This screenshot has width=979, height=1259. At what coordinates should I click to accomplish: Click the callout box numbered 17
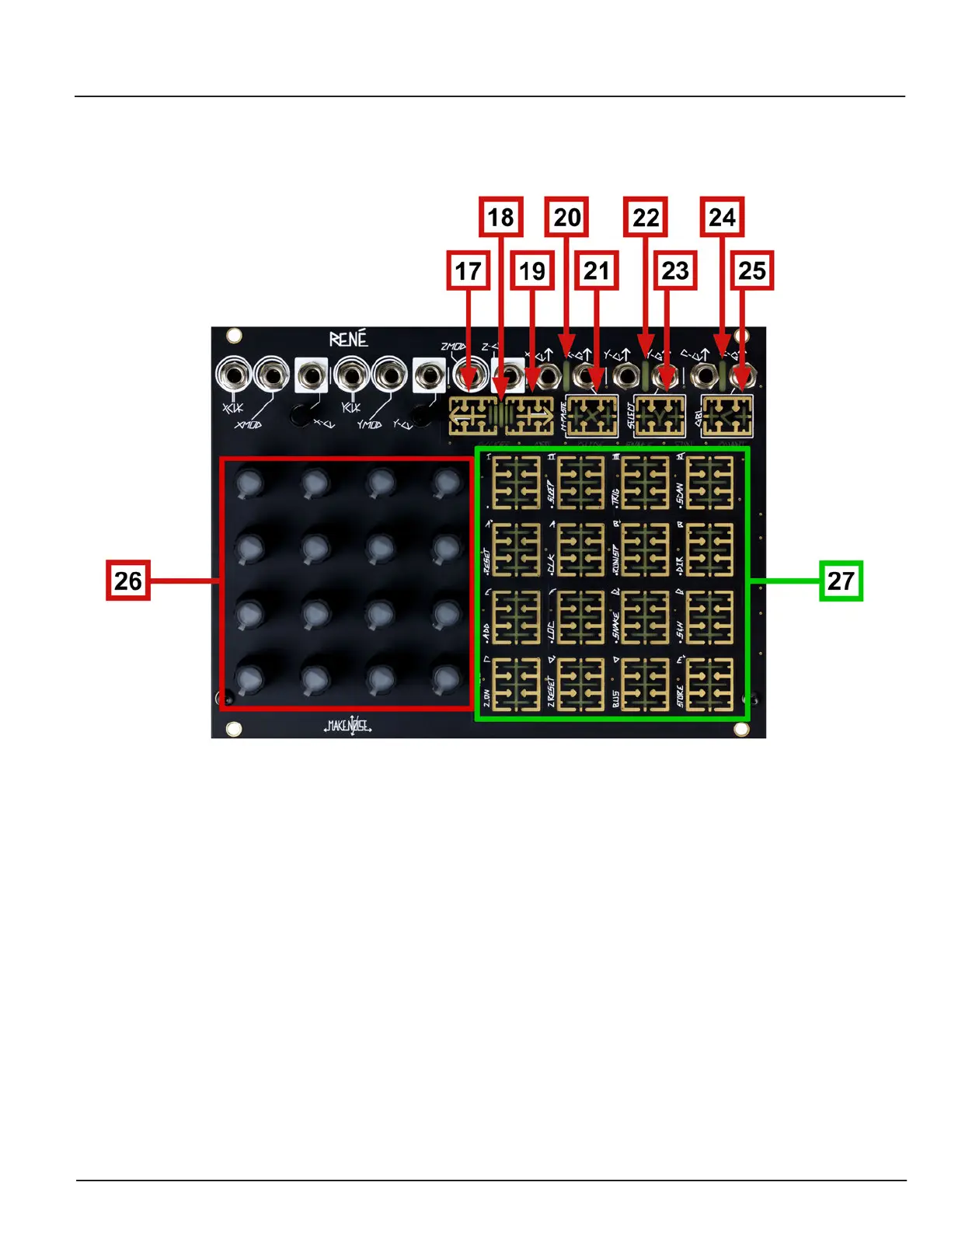click(x=468, y=270)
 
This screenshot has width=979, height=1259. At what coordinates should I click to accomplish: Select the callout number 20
click(x=566, y=217)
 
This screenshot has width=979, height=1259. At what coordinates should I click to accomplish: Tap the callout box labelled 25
click(x=751, y=270)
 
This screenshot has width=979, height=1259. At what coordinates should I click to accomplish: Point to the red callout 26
click(x=128, y=580)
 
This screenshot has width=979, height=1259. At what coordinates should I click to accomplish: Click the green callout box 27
click(x=841, y=580)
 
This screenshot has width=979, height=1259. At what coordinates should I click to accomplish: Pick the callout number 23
click(x=674, y=270)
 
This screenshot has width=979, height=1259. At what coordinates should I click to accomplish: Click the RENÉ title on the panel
click(x=348, y=339)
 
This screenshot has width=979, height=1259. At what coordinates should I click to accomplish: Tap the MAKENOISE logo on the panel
click(x=348, y=726)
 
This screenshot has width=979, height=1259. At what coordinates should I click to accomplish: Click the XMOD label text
click(x=249, y=425)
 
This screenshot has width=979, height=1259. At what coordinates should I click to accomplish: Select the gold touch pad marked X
click(x=592, y=416)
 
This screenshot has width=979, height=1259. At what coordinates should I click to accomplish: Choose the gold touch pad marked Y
click(x=660, y=416)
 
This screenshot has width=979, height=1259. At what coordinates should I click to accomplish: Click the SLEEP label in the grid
click(x=551, y=491)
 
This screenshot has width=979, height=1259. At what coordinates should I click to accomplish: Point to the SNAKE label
click(x=615, y=626)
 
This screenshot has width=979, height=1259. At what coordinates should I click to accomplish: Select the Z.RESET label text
click(x=551, y=690)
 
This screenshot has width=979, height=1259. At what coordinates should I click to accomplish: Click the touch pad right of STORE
click(x=710, y=685)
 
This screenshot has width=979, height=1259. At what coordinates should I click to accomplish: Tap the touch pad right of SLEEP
click(x=580, y=483)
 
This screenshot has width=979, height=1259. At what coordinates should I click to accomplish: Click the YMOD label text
click(x=369, y=425)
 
